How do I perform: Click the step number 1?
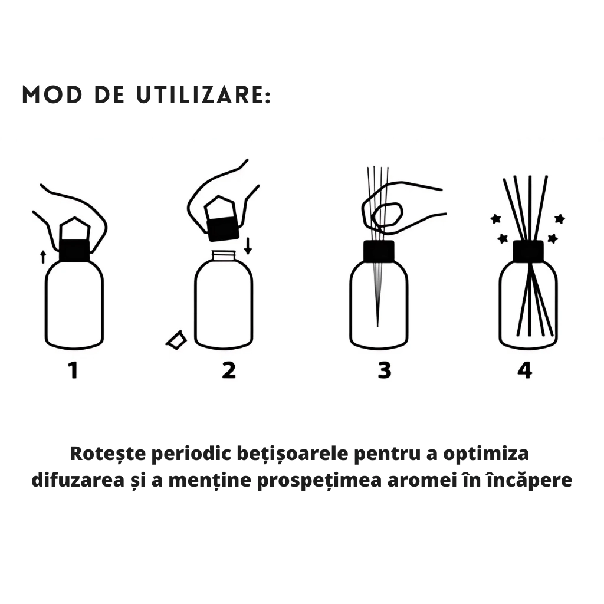pyautogui.click(x=74, y=370)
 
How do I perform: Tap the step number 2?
pyautogui.click(x=229, y=370)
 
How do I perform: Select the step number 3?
pyautogui.click(x=385, y=370)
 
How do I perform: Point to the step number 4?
pyautogui.click(x=524, y=370)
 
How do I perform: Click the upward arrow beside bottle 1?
pyautogui.click(x=43, y=257)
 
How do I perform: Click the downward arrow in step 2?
pyautogui.click(x=248, y=246)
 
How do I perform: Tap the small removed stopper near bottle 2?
pyautogui.click(x=176, y=340)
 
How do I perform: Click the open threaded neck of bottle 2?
pyautogui.click(x=224, y=255)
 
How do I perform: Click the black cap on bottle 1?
pyautogui.click(x=74, y=250)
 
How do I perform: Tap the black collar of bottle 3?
pyautogui.click(x=379, y=251)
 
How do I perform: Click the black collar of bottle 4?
pyautogui.click(x=528, y=251)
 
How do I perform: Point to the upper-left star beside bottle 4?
pyautogui.click(x=495, y=219)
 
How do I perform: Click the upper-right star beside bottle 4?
pyautogui.click(x=560, y=219)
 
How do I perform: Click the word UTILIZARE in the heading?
pyautogui.click(x=204, y=95)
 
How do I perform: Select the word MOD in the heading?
pyautogui.click(x=52, y=95)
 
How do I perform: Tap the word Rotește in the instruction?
pyautogui.click(x=108, y=454)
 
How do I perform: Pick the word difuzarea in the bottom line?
pyautogui.click(x=78, y=480)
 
